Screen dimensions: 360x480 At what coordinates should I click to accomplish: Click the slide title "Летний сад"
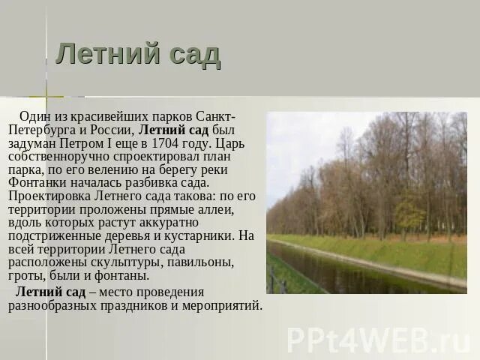click(x=138, y=55)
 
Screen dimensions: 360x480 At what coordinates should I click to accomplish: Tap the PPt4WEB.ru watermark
click(x=378, y=339)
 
